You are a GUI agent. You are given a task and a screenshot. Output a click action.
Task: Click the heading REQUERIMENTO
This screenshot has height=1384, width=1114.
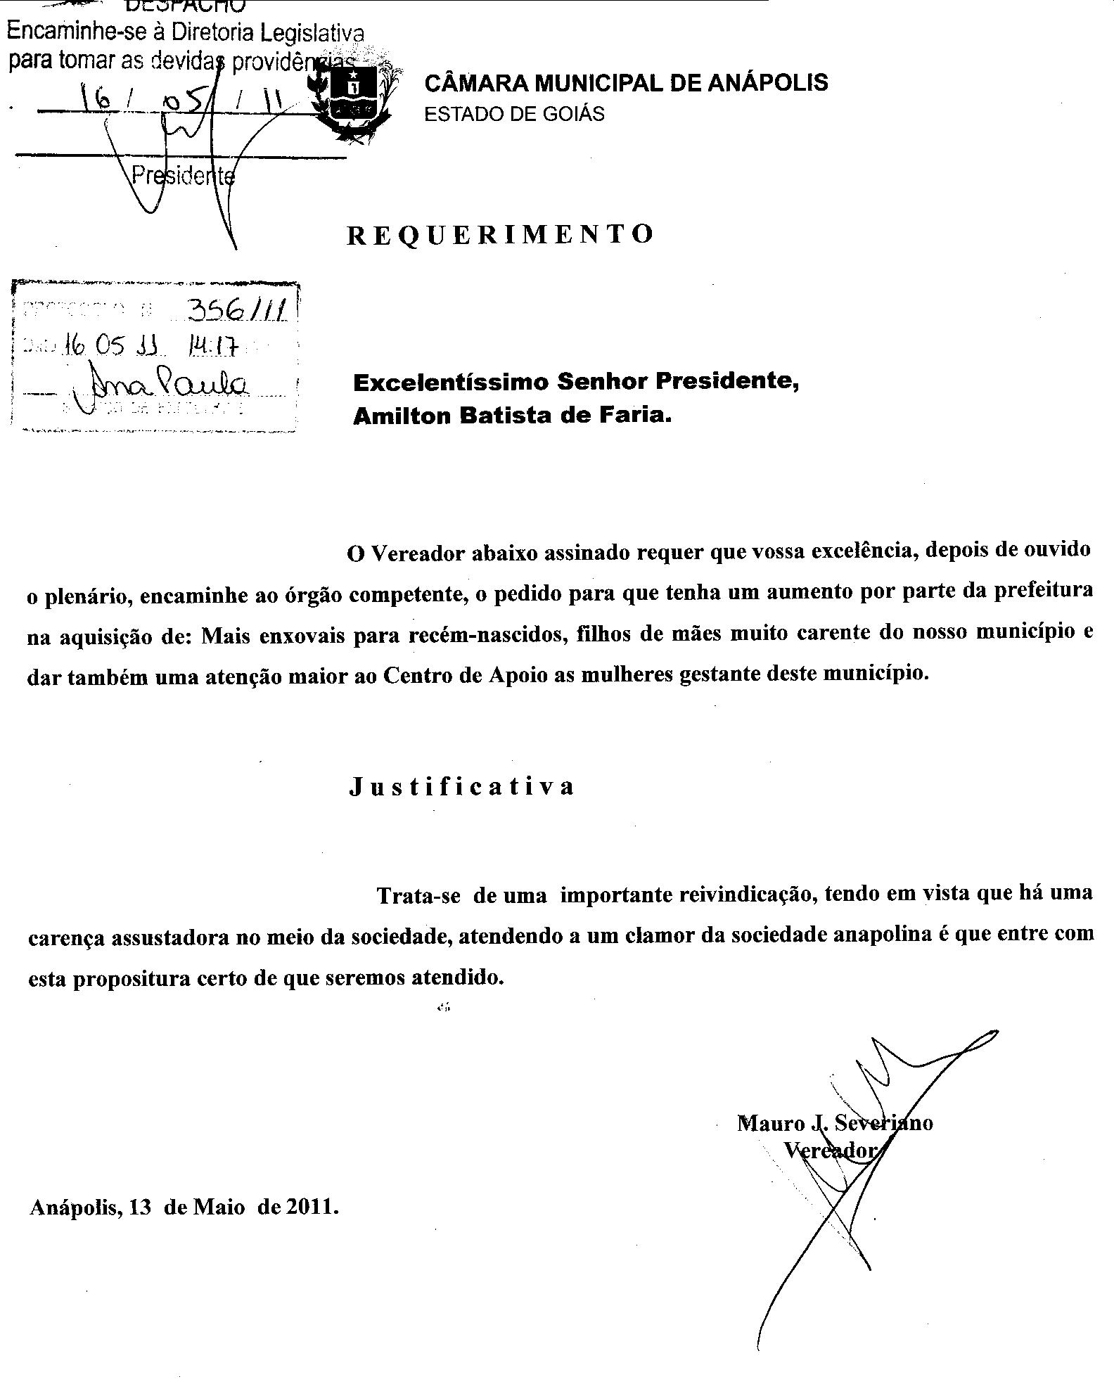(500, 234)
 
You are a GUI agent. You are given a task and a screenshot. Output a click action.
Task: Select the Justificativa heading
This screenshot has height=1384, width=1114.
(461, 786)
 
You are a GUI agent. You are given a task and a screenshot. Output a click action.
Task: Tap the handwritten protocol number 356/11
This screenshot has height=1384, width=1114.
(236, 309)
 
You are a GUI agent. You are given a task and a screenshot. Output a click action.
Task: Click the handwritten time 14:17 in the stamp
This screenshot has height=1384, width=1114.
(214, 347)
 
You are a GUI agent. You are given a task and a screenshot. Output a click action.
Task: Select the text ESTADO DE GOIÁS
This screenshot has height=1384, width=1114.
(514, 115)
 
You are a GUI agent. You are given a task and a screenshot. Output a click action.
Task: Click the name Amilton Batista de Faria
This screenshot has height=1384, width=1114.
(512, 416)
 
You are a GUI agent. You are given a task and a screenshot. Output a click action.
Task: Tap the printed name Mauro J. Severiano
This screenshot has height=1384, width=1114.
(835, 1123)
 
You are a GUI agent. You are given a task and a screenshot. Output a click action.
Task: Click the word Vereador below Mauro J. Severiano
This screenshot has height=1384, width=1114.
(831, 1151)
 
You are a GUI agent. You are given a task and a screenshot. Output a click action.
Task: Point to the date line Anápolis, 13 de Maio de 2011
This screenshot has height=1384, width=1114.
(184, 1207)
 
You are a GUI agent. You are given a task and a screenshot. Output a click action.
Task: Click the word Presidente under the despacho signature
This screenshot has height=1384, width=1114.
(183, 176)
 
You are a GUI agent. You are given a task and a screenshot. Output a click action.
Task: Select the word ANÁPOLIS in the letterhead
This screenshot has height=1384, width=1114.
(767, 83)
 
